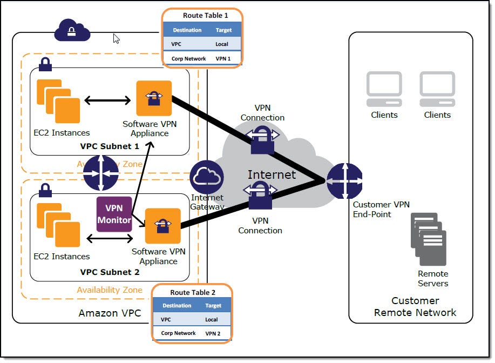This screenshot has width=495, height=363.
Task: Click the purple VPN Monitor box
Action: pyautogui.click(x=114, y=214)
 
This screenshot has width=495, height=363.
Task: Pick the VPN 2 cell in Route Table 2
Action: pyautogui.click(x=213, y=333)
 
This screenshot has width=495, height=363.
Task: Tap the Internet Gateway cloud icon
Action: pyautogui.click(x=207, y=177)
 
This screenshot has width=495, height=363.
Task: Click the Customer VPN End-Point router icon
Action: pyautogui.click(x=344, y=180)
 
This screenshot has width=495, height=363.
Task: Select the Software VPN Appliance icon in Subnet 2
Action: pyautogui.click(x=163, y=226)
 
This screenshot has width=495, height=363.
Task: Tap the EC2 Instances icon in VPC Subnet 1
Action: pyautogui.click(x=58, y=101)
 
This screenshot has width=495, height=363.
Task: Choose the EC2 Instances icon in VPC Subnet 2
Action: pyautogui.click(x=58, y=225)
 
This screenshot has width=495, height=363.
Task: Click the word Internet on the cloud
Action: pyautogui.click(x=272, y=174)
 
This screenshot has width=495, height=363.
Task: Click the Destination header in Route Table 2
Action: pyautogui.click(x=177, y=305)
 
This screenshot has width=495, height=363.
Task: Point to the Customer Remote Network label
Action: pyautogui.click(x=415, y=306)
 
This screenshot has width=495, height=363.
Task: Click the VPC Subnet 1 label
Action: pyautogui.click(x=110, y=146)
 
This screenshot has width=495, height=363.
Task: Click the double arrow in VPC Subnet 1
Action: pyautogui.click(x=107, y=100)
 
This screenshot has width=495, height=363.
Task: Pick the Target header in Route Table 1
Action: pyautogui.click(x=223, y=30)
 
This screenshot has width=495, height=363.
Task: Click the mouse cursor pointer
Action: pyautogui.click(x=116, y=38)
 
